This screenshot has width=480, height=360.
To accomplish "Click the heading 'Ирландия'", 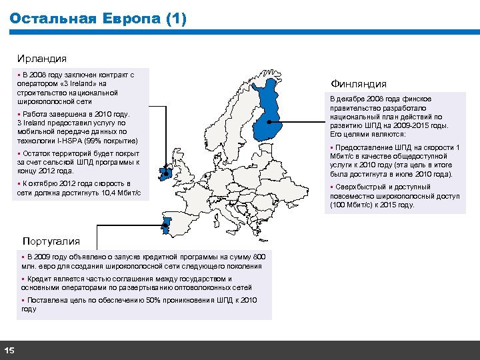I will coord(43,59).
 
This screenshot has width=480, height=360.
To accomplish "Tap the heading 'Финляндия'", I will coord(359,84).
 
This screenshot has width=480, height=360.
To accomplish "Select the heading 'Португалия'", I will coord(51,241).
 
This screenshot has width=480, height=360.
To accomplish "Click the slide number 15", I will coord(9,351).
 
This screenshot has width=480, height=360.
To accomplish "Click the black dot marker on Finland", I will coord(268,123).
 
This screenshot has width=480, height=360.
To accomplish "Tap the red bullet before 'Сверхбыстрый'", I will coord(332,187).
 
